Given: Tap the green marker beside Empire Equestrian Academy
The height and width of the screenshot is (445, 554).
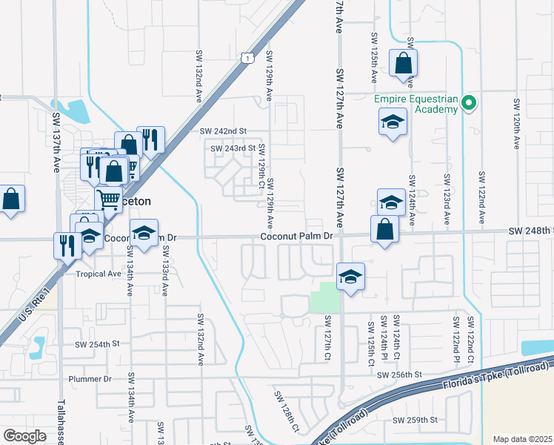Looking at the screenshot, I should [468, 103].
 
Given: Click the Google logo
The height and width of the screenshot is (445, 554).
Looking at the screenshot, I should [24, 436].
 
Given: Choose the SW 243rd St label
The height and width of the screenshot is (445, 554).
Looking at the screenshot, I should [233, 148].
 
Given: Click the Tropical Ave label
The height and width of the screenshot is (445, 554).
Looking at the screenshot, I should [99, 274].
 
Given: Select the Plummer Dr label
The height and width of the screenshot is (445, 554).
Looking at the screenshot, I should [96, 378].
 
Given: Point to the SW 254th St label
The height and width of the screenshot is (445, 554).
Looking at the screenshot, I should [97, 344].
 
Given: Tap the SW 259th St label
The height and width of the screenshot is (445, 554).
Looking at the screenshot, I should [415, 420].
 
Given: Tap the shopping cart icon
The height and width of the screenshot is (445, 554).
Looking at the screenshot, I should [108, 198].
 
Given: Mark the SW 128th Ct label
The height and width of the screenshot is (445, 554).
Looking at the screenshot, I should [285, 412].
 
